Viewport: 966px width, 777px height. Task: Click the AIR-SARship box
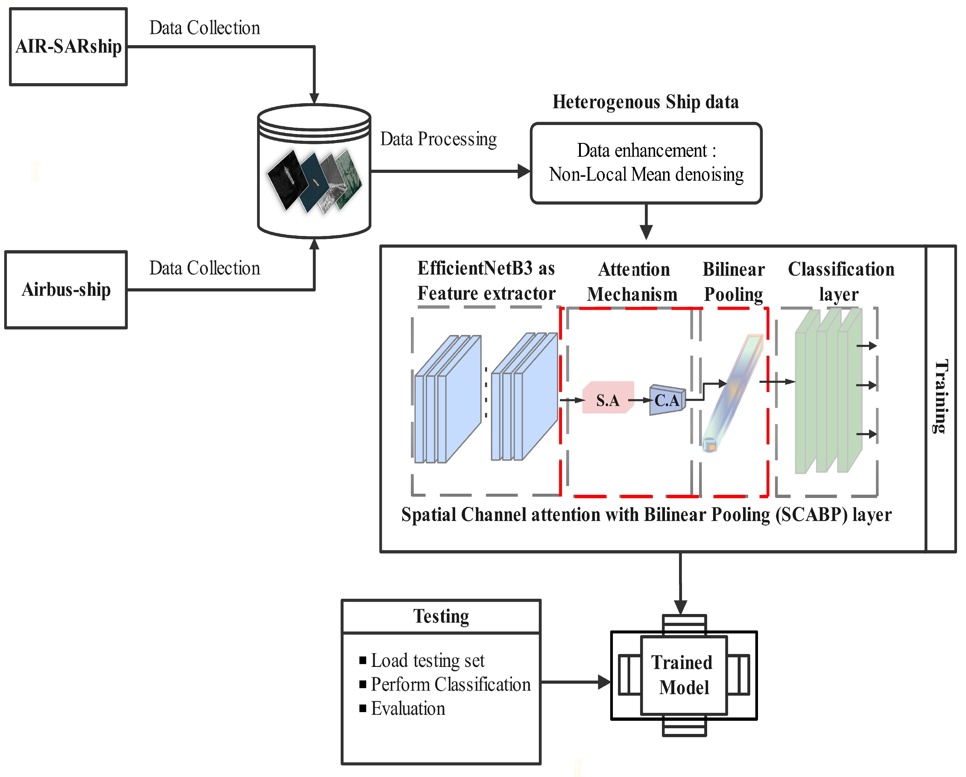[x=69, y=47]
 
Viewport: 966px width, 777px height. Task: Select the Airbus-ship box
[x=66, y=290]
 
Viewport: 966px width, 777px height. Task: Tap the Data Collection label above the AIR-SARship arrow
[x=204, y=28]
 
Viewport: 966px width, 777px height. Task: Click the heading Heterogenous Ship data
[x=645, y=102]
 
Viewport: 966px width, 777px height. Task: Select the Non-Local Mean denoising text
[x=646, y=174]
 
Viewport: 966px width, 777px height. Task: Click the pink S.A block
[x=607, y=398]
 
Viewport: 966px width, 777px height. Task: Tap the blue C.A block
[x=667, y=400]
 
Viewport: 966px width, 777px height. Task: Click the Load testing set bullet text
[x=427, y=661]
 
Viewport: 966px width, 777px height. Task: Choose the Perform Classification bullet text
[x=450, y=684]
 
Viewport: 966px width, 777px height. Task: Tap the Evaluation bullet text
[x=408, y=709]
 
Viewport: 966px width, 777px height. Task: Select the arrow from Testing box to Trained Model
[x=576, y=682]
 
